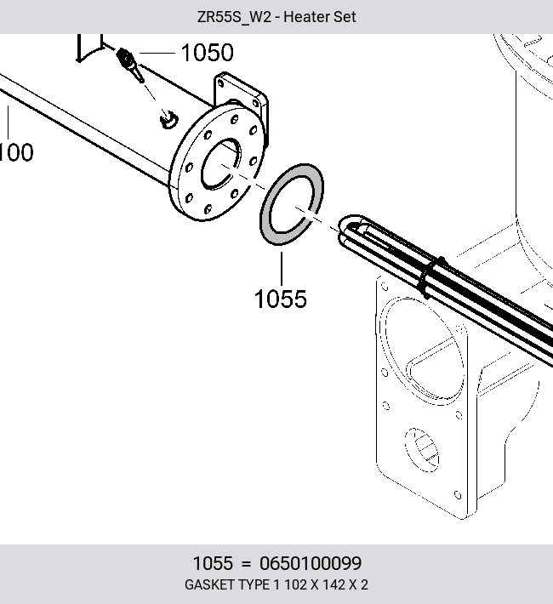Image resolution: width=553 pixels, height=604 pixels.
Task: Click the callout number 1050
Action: point(207,53)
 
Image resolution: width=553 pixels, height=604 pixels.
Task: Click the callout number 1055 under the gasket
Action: point(281,299)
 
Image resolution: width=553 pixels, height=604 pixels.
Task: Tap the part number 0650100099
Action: point(311,563)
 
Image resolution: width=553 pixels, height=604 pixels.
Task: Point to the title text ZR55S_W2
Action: point(234,17)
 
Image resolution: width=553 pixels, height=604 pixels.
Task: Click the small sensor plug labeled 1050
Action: point(130,65)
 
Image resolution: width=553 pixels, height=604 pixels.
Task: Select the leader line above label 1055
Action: point(282,269)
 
